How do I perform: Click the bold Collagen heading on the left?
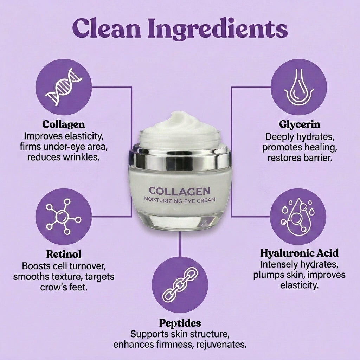point(64,124)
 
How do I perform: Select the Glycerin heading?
point(300,124)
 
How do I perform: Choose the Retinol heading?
point(64,254)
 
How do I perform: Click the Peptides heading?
point(180,323)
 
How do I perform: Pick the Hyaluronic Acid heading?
point(299,253)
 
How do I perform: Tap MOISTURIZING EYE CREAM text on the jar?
point(180,201)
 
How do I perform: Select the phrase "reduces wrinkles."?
point(64,156)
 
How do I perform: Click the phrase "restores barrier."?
point(300,157)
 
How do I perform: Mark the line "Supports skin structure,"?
point(180,333)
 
